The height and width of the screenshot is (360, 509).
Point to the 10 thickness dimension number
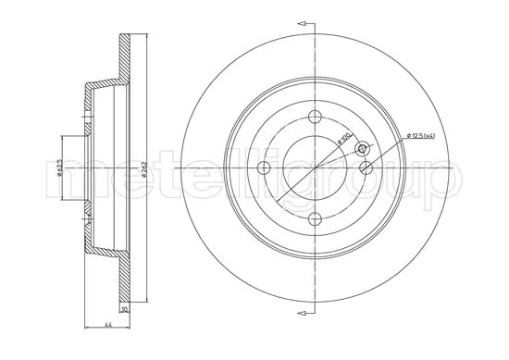pyautogui.click(x=123, y=310)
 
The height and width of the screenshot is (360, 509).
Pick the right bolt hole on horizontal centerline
pyautogui.click(x=367, y=167)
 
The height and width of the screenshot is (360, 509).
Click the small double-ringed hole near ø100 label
pyautogui.click(x=362, y=149)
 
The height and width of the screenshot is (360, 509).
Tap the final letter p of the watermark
pyautogui.click(x=442, y=180)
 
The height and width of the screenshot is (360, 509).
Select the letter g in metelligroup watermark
pyautogui.click(x=285, y=180)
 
